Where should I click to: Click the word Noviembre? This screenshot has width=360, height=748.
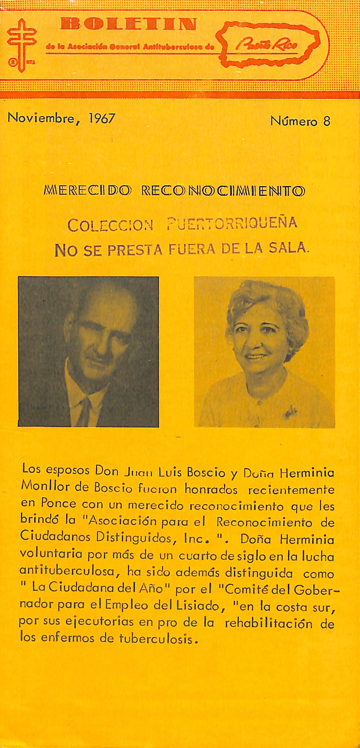tap(41, 118)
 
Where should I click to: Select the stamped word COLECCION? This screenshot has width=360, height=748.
tap(110, 225)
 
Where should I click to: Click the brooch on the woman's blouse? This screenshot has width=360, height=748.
tap(291, 411)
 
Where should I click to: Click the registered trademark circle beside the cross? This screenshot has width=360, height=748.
tap(13, 63)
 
